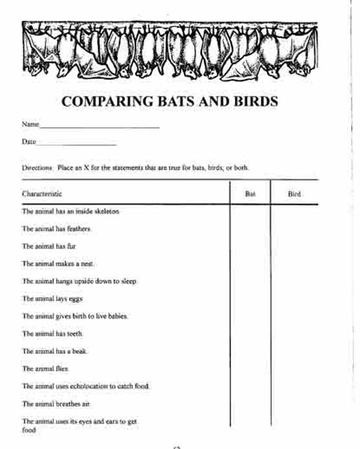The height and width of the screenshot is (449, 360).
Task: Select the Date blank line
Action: (x=77, y=143)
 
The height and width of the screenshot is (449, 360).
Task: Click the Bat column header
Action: (x=250, y=193)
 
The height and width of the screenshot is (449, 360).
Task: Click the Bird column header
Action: (x=294, y=193)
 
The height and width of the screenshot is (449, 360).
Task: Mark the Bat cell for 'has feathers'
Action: (x=250, y=229)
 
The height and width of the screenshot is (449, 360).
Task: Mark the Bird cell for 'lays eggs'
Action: (x=294, y=299)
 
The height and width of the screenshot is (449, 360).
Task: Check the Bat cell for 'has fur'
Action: (x=250, y=246)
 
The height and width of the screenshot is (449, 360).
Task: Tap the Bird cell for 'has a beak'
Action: (x=294, y=351)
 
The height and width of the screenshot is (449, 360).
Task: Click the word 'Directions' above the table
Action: (x=36, y=168)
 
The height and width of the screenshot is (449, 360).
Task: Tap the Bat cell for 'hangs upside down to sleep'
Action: (x=250, y=281)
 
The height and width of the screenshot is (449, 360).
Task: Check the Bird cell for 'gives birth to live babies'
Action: (x=294, y=316)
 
